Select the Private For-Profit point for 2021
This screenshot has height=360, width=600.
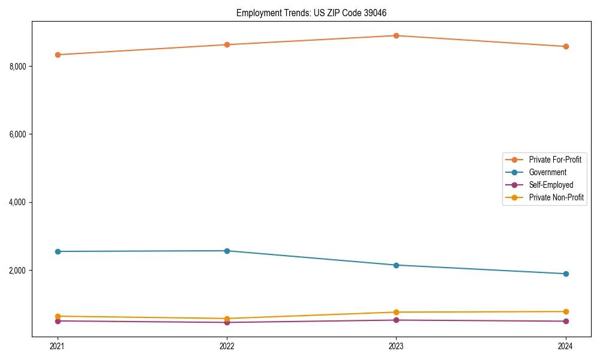58,55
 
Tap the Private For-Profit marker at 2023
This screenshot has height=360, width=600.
396,35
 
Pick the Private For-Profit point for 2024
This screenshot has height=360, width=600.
566,46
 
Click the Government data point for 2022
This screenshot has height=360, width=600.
227,251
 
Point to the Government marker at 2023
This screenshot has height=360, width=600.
396,265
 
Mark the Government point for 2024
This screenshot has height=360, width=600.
566,274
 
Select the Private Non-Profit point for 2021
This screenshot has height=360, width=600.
58,316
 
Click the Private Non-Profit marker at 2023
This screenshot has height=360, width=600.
396,312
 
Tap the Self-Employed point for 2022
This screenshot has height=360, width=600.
227,322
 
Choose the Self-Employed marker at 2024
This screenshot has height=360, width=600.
566,321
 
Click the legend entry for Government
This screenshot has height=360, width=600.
547,172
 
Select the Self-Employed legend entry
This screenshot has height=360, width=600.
551,185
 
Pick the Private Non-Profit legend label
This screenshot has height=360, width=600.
556,197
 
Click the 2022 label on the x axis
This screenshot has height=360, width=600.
227,346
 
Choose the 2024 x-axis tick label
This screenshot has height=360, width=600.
566,346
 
